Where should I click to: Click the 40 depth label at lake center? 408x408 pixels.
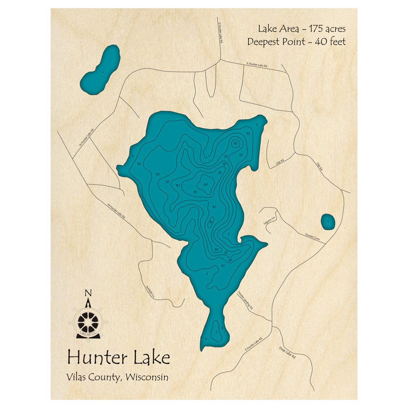point(206,184)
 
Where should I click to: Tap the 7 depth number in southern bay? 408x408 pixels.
point(216,333)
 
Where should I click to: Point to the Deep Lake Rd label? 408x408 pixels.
point(287,353)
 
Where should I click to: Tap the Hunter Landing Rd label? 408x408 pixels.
point(246,299)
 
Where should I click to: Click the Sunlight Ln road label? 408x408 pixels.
point(150,290)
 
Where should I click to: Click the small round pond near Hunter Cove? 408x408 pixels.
point(328,222)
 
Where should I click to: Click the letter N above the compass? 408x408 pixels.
point(87,293)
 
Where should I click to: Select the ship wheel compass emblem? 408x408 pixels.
point(88,322)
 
